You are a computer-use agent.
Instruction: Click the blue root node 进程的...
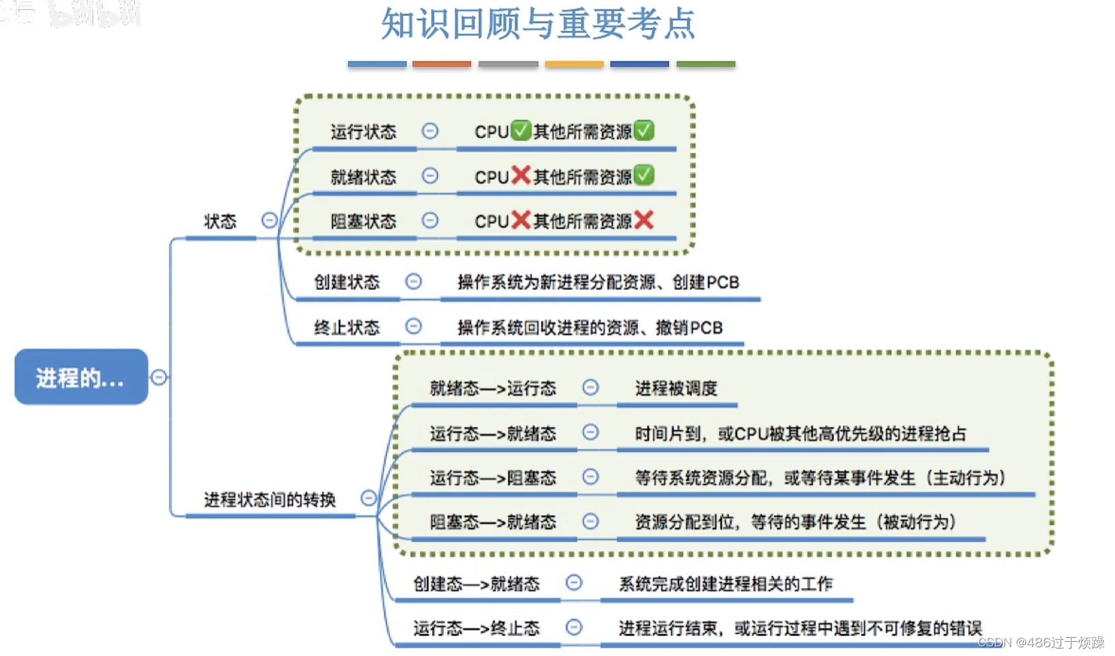point(81,377)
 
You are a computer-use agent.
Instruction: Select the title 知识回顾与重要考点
point(538,24)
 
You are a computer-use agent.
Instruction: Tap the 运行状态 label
point(363,131)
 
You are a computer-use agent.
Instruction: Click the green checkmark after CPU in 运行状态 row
point(520,130)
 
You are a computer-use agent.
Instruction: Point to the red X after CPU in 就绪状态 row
point(521,175)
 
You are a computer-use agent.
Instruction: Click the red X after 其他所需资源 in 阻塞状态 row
point(644,220)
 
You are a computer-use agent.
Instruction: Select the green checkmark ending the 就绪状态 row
point(644,175)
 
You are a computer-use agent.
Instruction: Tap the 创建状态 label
point(347,282)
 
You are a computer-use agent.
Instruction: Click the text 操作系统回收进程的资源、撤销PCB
point(590,328)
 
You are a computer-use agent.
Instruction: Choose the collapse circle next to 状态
point(269,220)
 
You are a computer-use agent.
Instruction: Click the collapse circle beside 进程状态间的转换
point(369,498)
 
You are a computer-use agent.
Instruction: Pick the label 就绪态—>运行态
point(492,388)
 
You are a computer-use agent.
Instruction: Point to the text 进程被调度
point(676,388)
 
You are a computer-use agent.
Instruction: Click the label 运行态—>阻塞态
point(492,478)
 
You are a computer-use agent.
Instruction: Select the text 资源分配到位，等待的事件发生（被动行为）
point(795,522)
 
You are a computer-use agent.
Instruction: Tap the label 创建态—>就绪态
point(476,584)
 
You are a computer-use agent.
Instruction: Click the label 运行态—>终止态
point(476,628)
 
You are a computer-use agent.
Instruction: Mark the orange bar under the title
point(441,64)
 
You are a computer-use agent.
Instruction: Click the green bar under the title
point(705,64)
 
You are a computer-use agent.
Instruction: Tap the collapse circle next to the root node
point(159,377)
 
